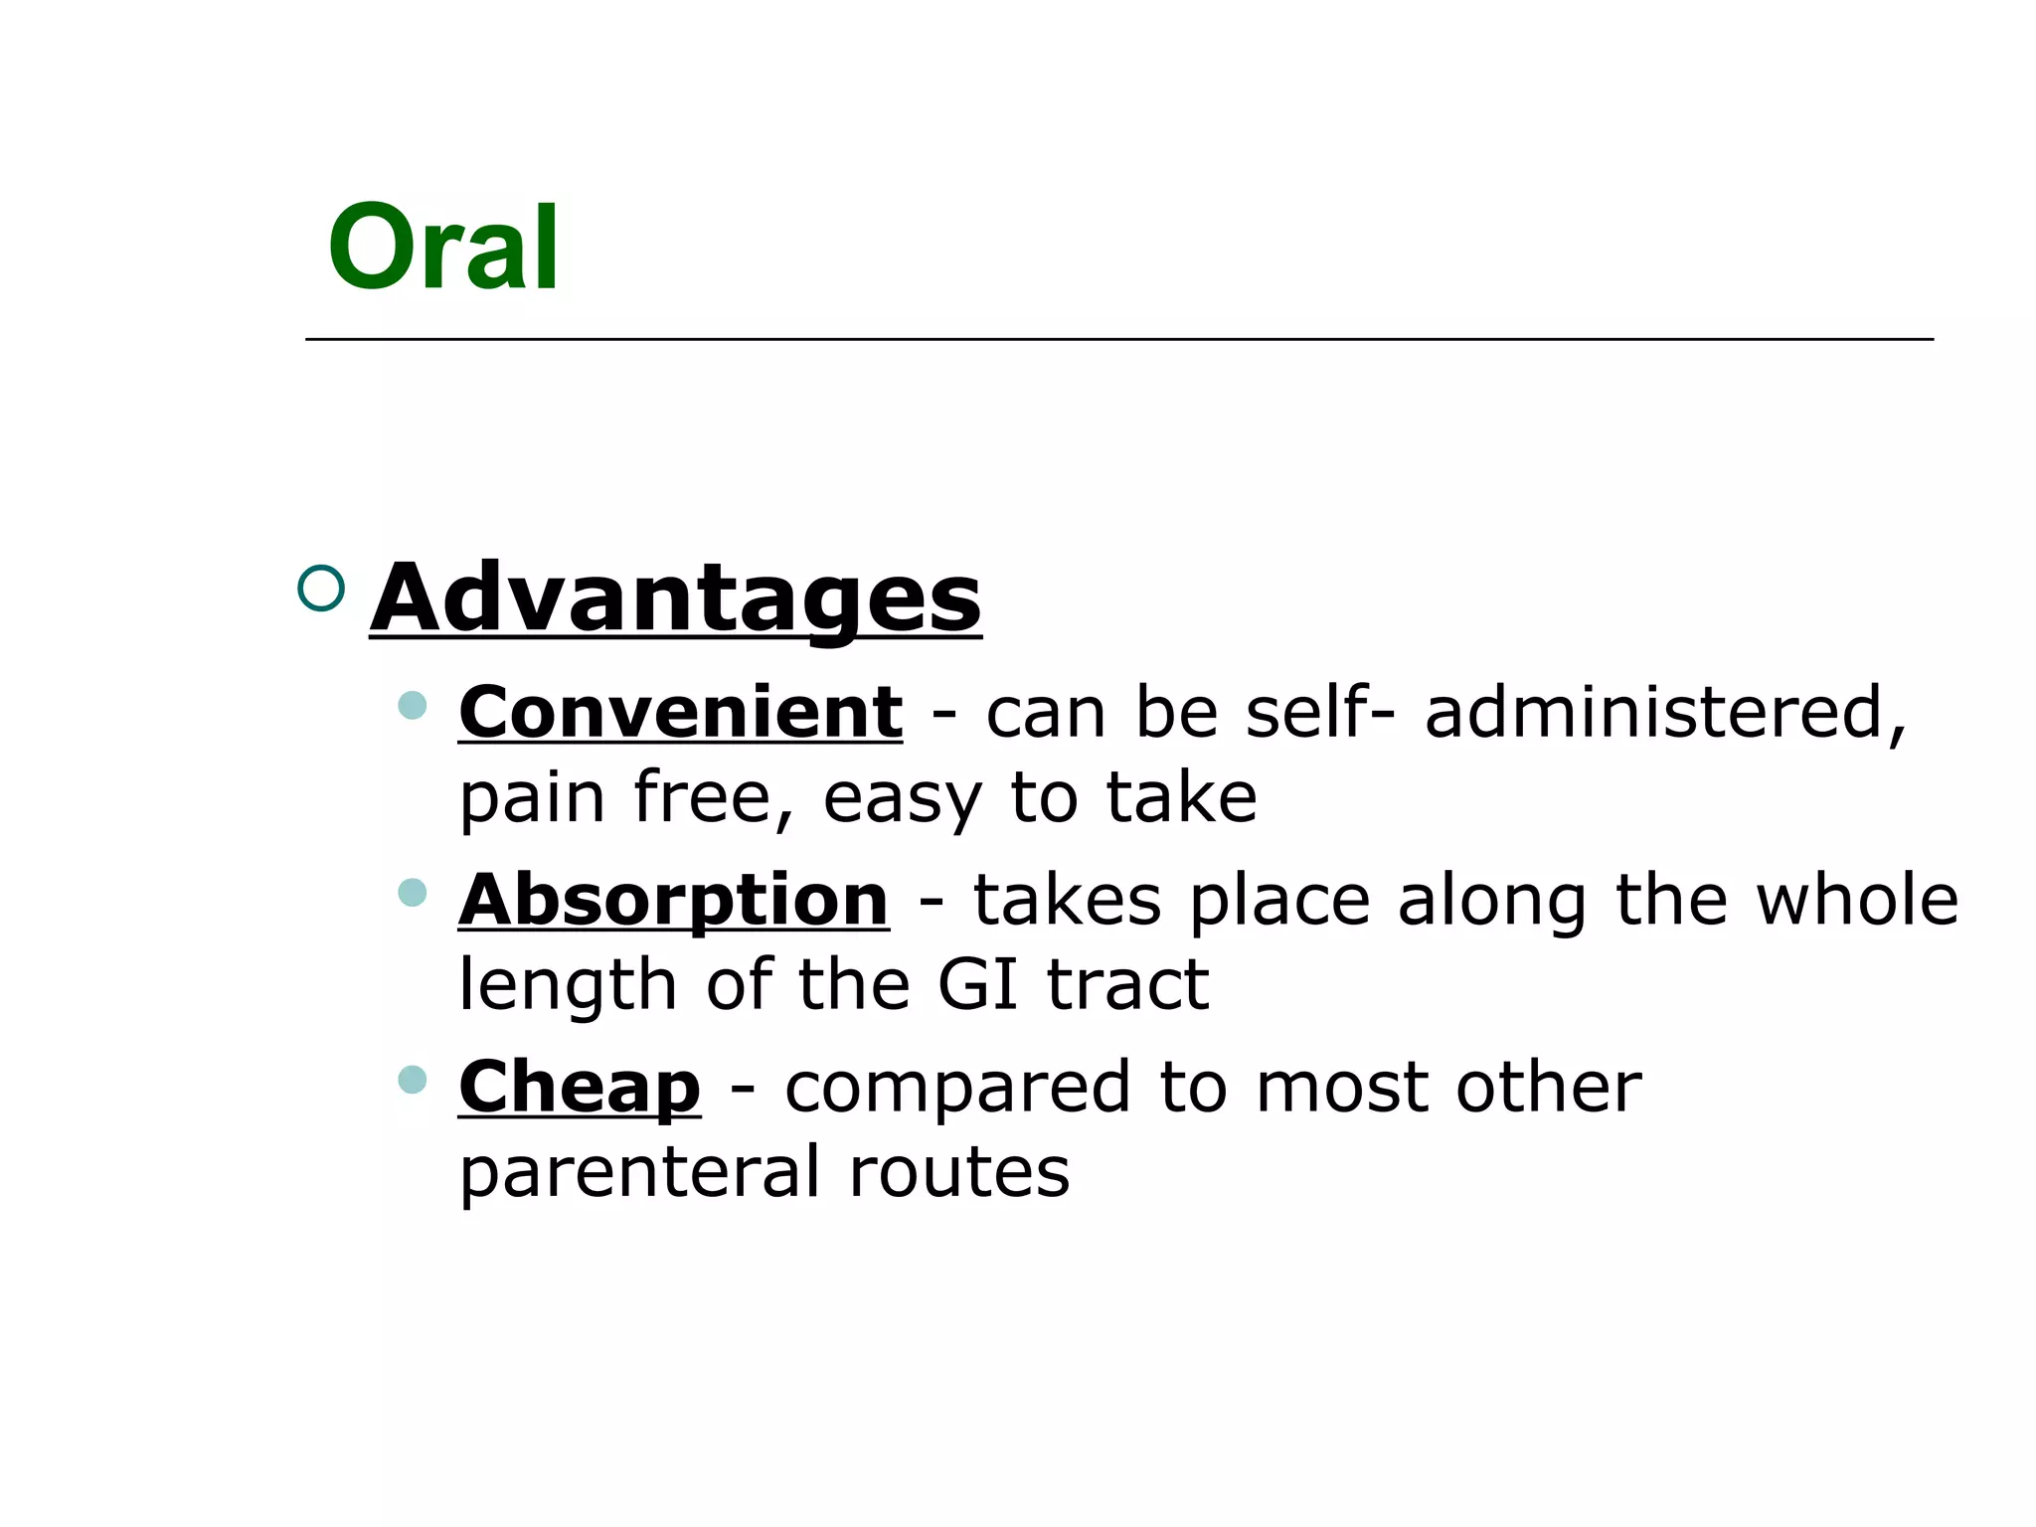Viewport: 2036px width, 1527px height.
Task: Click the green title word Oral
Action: (442, 247)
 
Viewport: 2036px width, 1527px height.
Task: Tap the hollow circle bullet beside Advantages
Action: (321, 588)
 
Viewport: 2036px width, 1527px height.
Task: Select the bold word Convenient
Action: (680, 713)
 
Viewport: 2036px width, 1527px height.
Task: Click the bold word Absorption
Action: (673, 900)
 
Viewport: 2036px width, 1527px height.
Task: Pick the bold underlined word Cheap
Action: (580, 1087)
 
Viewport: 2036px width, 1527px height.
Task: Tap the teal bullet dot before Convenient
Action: (412, 706)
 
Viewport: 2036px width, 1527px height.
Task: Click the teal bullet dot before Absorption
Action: (412, 892)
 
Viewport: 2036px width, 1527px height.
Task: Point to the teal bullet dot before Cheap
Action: (412, 1079)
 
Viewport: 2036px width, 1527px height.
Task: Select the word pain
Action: (532, 798)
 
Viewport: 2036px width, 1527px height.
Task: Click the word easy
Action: (902, 798)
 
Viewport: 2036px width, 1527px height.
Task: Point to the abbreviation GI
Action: (977, 984)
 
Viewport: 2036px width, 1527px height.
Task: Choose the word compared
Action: (957, 1087)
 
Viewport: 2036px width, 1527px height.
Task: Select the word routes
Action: (959, 1171)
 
